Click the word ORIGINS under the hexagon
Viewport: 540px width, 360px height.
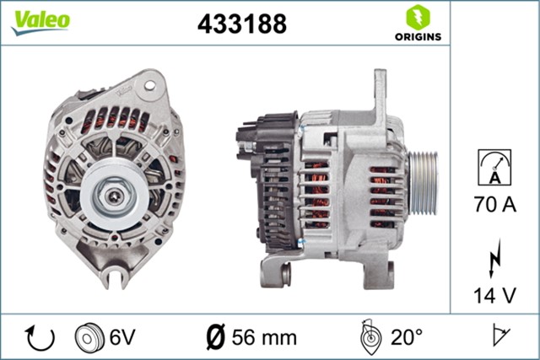coord(417,36)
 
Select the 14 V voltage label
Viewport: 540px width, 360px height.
coord(495,295)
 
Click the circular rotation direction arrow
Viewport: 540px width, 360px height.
coord(40,337)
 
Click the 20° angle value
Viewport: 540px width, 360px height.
coord(407,338)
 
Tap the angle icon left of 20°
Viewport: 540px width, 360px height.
coord(370,336)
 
